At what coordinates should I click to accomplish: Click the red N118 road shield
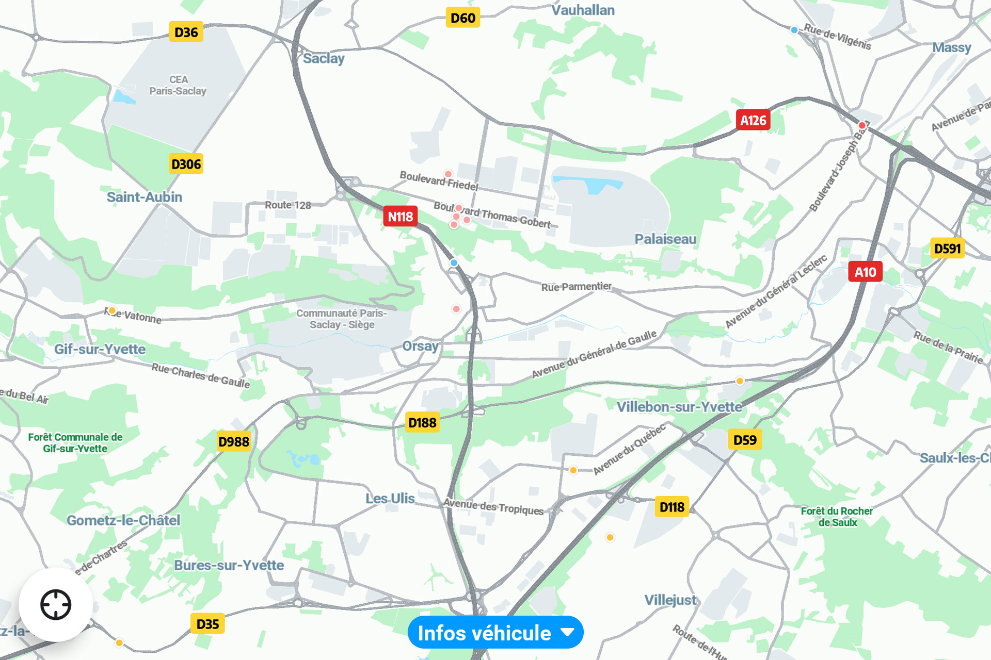(400, 217)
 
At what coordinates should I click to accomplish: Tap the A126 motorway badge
(753, 120)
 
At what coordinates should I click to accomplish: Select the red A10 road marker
(865, 272)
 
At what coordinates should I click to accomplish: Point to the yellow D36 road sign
(186, 32)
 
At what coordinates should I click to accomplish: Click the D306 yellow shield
(186, 164)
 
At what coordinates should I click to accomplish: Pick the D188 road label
(422, 423)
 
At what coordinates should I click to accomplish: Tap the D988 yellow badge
(233, 441)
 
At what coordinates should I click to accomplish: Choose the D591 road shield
(947, 249)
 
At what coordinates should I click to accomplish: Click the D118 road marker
(672, 507)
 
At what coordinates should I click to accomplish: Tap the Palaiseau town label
(665, 239)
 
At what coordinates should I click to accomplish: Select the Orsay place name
(420, 346)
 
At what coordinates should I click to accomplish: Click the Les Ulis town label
(390, 499)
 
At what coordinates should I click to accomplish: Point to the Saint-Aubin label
(144, 197)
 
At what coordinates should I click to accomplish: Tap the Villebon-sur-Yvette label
(679, 407)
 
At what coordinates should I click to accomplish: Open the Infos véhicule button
(495, 633)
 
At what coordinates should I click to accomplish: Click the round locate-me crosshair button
(56, 604)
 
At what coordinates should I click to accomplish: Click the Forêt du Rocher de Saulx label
(837, 517)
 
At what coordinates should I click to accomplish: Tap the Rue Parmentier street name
(576, 287)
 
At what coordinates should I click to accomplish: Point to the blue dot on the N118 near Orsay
(454, 263)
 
